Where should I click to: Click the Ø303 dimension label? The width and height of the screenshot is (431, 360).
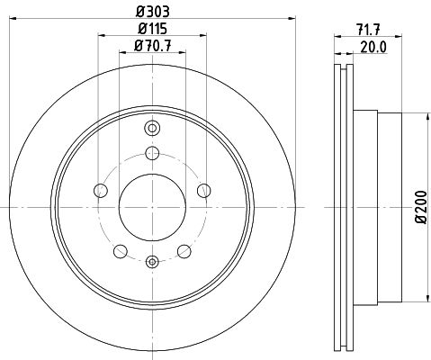point(153,12)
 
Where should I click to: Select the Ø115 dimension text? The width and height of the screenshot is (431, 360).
point(153,29)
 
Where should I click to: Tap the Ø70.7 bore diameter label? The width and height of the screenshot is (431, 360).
point(153,46)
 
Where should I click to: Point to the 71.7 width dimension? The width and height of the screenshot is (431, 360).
point(369,30)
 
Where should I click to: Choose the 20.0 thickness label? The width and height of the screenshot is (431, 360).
point(373,47)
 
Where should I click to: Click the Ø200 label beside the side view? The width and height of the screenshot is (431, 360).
point(420,207)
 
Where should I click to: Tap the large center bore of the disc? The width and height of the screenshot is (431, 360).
point(152,207)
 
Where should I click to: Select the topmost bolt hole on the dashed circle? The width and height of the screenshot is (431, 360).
point(152,153)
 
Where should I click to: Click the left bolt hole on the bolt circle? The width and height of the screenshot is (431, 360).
point(101,191)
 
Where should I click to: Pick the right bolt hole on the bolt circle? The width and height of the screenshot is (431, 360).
point(204,191)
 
